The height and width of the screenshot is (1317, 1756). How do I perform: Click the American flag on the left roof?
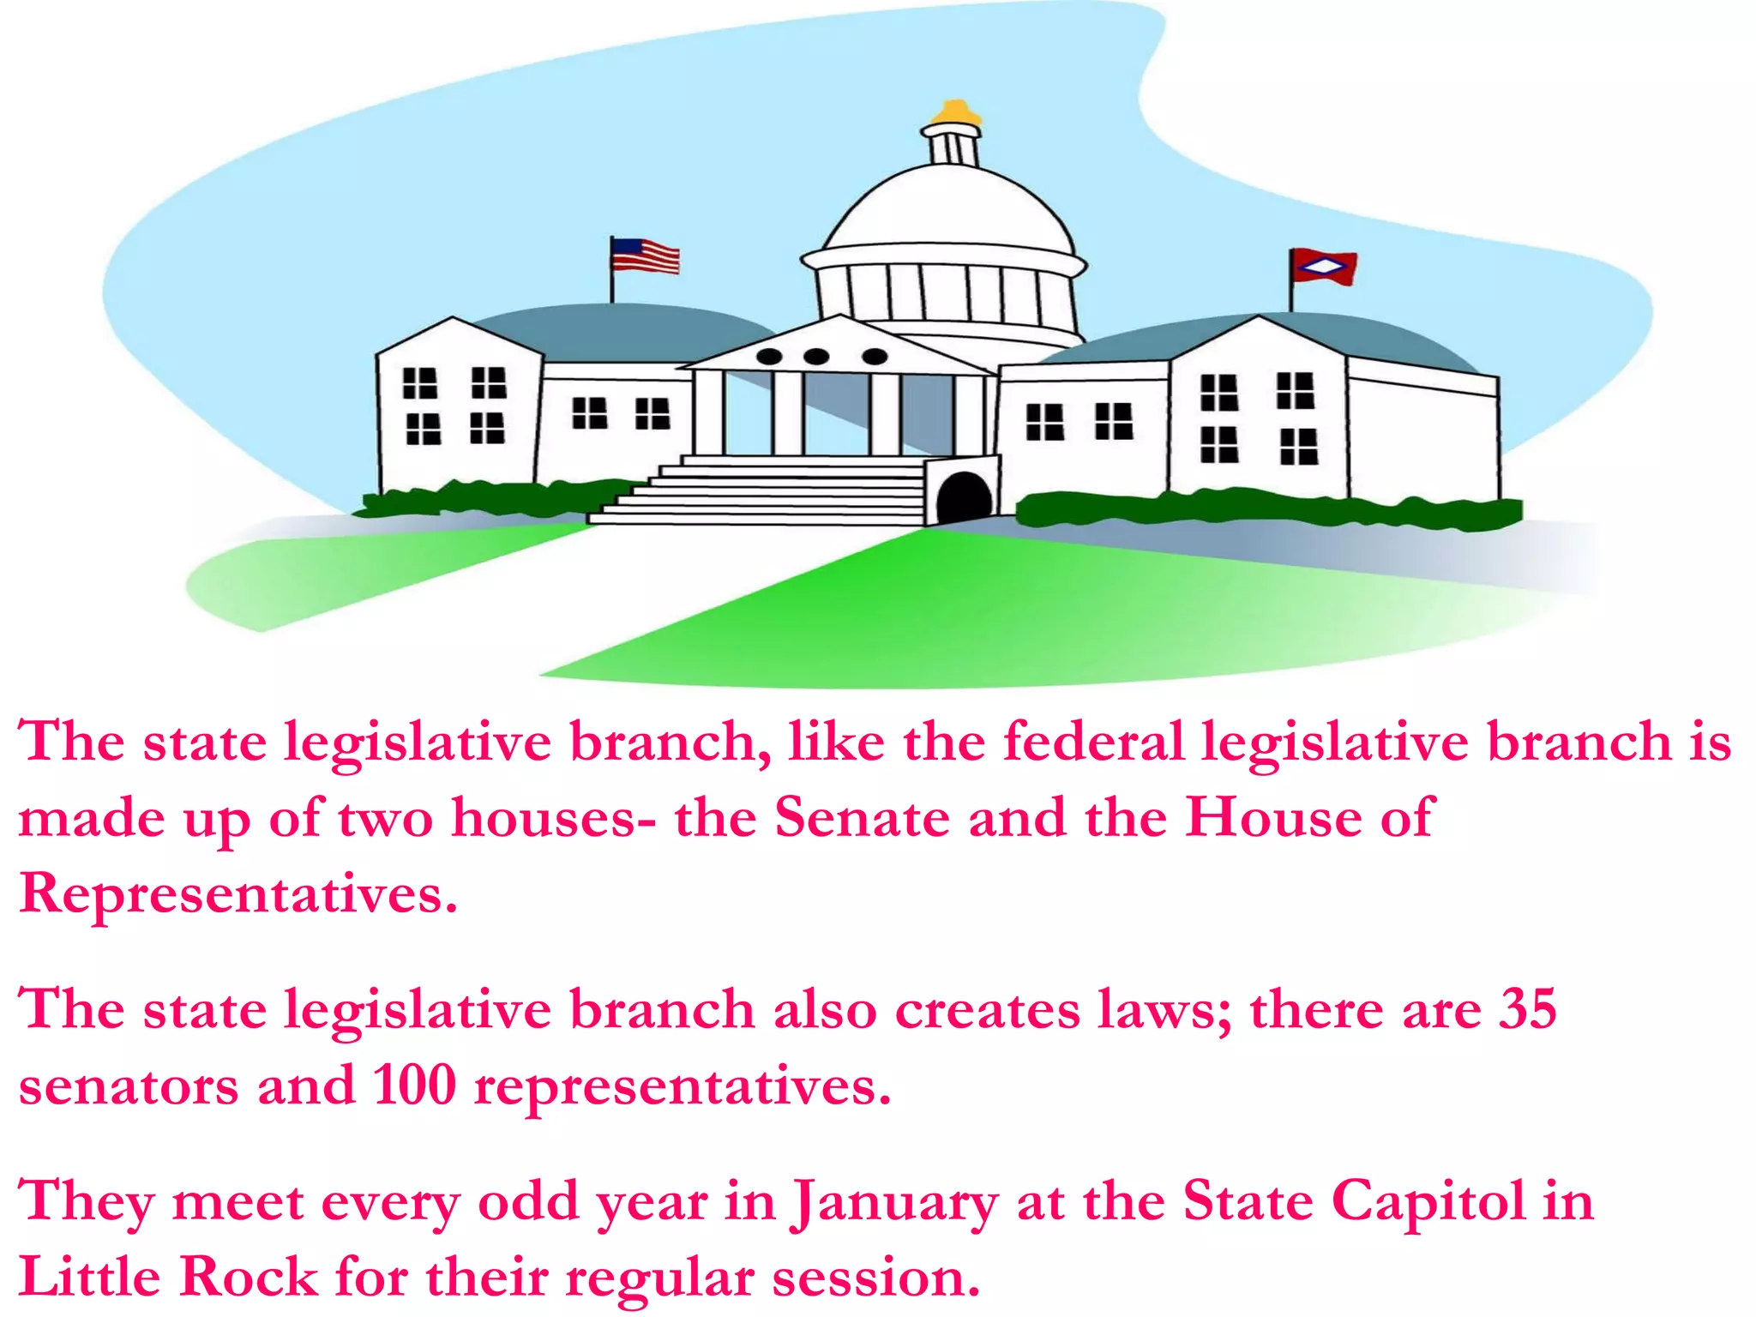tap(645, 256)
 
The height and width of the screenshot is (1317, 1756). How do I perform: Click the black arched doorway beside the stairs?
tap(964, 496)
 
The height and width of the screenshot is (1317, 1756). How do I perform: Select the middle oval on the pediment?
tap(816, 356)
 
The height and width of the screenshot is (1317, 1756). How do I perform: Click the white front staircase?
tap(772, 492)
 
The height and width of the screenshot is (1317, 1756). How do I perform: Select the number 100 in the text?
tap(414, 1085)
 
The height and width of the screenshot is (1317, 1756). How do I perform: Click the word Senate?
tap(862, 817)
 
